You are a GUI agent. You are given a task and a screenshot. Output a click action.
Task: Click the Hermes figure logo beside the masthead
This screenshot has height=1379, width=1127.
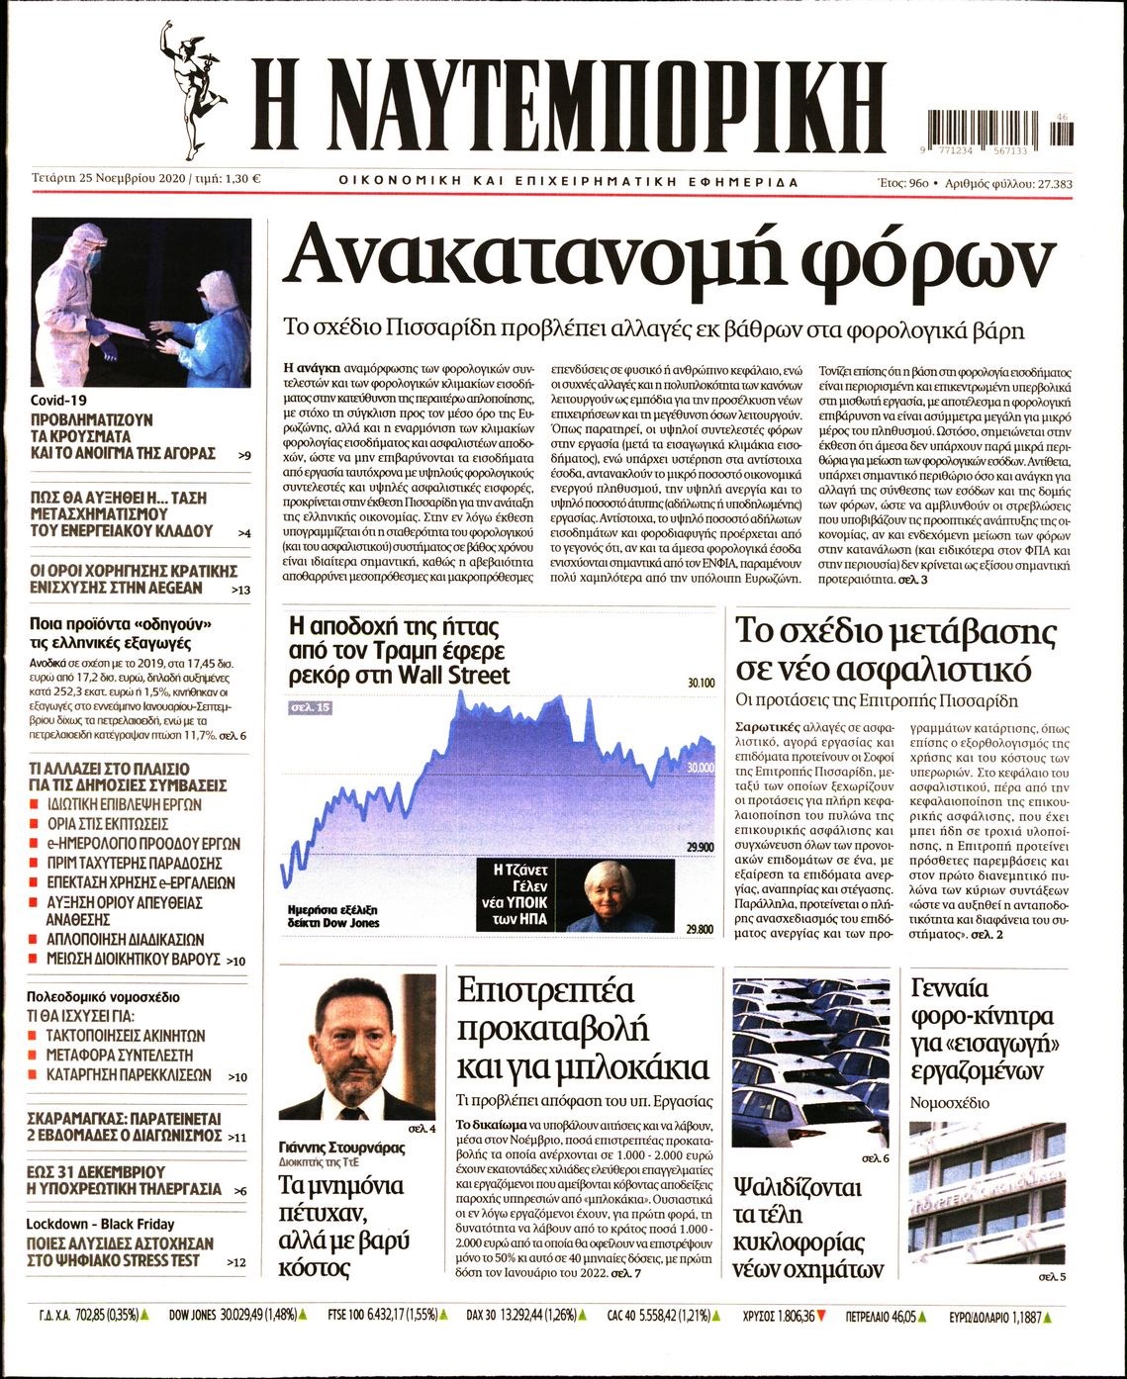pos(195,90)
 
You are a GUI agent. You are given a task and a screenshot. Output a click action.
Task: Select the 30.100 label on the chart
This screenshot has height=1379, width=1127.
pos(700,683)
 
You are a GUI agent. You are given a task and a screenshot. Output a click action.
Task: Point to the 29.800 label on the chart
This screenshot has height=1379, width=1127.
pos(700,929)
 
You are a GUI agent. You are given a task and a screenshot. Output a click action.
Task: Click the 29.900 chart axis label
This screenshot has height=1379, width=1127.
pos(700,847)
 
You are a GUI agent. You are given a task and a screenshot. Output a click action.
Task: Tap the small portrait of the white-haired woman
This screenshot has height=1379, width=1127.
pos(614,895)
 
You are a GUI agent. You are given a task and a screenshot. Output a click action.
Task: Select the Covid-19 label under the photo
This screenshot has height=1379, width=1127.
pos(59,400)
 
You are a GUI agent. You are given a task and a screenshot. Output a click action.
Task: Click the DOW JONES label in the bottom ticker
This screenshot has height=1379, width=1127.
pos(191,1317)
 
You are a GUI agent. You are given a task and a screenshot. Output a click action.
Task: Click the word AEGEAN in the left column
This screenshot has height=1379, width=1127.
pos(174,588)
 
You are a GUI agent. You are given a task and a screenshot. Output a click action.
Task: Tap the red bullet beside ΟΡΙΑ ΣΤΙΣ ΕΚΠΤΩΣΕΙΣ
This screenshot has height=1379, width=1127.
pos(35,824)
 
